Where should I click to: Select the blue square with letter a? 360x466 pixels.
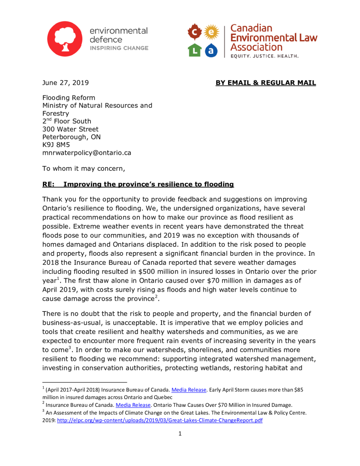[211, 50]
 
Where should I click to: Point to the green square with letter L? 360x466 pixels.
[195, 50]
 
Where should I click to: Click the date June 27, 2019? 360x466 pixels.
[66, 83]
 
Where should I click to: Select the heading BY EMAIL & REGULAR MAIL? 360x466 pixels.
[265, 83]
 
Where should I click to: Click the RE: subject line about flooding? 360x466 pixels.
[138, 184]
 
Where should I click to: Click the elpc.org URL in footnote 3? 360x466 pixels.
[160, 420]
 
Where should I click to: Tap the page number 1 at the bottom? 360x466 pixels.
[180, 434]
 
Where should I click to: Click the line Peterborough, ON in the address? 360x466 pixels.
[71, 137]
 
